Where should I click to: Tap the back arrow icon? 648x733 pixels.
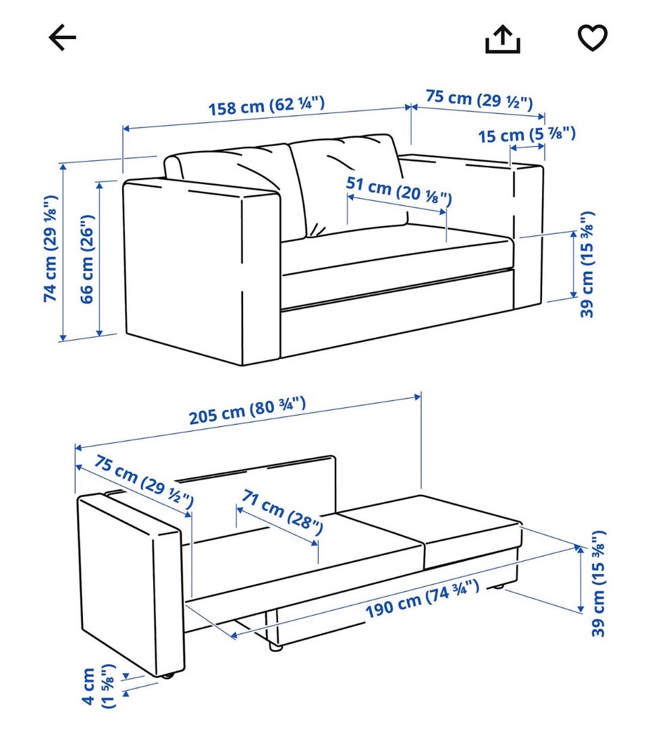tap(62, 37)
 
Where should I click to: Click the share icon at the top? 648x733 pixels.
tap(502, 39)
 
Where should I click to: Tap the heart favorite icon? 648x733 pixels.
tap(593, 37)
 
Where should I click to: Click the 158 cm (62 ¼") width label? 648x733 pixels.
tap(266, 106)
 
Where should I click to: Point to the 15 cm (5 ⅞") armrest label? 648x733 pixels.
tap(526, 135)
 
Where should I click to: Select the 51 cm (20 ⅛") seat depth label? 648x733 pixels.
tap(399, 190)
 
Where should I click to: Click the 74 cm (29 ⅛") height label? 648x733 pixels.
tap(51, 248)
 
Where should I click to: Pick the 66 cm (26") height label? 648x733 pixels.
tap(87, 259)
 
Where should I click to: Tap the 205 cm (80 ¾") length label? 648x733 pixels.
tap(247, 410)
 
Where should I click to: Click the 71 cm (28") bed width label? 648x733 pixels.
tap(282, 512)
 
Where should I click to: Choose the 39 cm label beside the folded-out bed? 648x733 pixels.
tap(598, 583)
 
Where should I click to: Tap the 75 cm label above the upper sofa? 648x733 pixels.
tap(479, 99)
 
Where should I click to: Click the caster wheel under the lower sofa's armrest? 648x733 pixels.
tap(168, 674)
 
